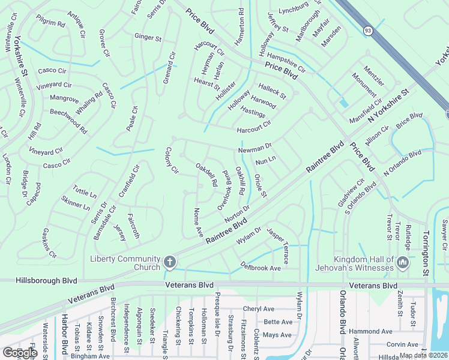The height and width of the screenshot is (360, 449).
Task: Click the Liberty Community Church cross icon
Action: [x=170, y=262]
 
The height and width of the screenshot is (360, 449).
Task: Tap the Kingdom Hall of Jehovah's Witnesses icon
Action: [x=403, y=262]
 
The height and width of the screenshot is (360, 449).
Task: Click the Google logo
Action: [x=19, y=352]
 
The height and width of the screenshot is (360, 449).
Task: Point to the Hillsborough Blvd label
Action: [x=38, y=280]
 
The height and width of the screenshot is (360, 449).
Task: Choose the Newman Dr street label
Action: [x=255, y=146]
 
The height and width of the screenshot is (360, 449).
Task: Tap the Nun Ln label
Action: [x=265, y=161]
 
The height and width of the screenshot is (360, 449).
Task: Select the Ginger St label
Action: [x=148, y=38]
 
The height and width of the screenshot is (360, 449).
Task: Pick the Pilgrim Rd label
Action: [x=50, y=23]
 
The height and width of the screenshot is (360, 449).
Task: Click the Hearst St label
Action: [x=206, y=83]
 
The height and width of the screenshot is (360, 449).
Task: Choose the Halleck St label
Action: [x=272, y=91]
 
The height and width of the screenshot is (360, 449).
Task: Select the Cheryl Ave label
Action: [x=259, y=309]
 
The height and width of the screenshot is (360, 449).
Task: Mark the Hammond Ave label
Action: [x=370, y=331]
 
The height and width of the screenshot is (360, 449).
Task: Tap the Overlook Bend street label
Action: [x=225, y=188]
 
